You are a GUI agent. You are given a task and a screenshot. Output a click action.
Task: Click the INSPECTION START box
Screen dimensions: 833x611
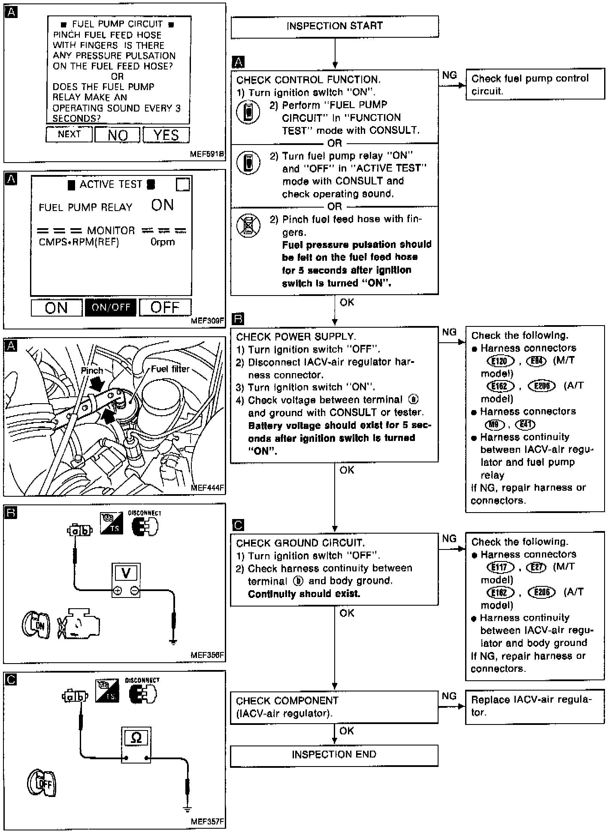(334, 26)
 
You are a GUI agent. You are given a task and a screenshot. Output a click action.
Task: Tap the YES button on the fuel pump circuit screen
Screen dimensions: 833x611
(166, 135)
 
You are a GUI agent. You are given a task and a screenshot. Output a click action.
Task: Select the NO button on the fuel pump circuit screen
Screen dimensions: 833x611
(117, 135)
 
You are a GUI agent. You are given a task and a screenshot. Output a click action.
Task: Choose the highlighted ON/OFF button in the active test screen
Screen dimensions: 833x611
(111, 307)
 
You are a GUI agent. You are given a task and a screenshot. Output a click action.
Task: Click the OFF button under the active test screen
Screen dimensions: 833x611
(165, 307)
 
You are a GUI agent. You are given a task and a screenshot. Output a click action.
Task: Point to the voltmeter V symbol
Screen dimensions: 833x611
(126, 573)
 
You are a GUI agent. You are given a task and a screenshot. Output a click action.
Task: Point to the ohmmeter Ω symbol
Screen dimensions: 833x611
(136, 737)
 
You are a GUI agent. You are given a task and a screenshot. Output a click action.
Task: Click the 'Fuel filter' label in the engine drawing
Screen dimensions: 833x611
(170, 369)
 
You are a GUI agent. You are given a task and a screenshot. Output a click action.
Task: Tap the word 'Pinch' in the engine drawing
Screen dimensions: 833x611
(92, 370)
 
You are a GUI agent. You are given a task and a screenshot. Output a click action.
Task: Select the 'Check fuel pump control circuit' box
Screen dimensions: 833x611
(535, 85)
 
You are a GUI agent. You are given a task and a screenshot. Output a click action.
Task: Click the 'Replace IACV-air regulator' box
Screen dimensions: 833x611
(535, 706)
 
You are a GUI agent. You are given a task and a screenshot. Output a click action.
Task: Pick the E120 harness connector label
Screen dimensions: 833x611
(500, 361)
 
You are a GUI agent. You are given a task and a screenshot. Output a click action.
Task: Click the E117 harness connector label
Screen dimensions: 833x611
(500, 567)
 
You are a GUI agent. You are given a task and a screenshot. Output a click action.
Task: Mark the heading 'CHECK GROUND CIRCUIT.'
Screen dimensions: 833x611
(300, 543)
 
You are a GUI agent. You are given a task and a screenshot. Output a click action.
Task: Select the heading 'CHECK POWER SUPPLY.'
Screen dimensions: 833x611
(296, 337)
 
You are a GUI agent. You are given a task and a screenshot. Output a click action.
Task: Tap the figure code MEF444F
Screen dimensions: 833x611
(208, 488)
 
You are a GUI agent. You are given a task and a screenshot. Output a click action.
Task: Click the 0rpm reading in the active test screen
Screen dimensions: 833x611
(163, 242)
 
